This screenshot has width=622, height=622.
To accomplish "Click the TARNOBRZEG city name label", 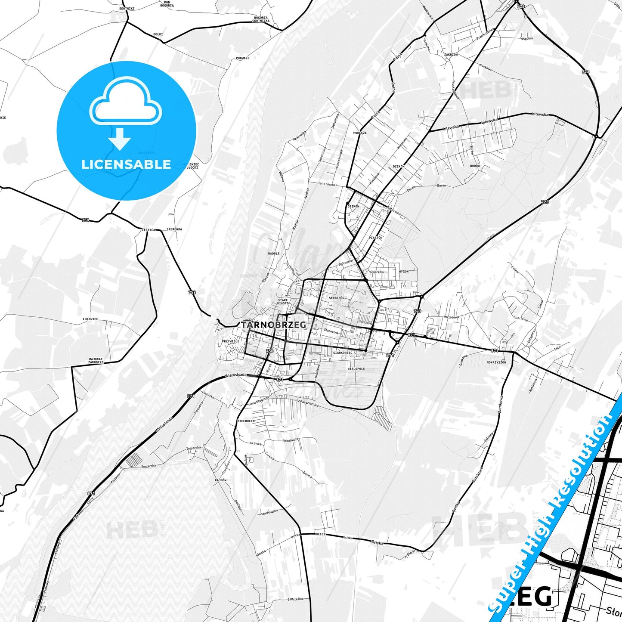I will (x=274, y=325).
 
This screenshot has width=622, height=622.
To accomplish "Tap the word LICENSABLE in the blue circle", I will (x=126, y=164).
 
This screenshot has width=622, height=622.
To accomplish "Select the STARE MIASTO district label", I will (x=283, y=301).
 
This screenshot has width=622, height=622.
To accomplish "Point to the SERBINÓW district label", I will (x=337, y=298).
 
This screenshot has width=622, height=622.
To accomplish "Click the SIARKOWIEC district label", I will (x=343, y=353).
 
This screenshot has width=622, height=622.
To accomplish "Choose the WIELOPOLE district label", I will (x=356, y=369).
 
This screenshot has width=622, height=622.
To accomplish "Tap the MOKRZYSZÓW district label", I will (x=496, y=362).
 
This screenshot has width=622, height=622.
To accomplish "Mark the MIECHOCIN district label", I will (x=246, y=421).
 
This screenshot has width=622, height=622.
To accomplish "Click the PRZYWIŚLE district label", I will (x=230, y=341).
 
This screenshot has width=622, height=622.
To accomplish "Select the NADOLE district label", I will (x=273, y=254).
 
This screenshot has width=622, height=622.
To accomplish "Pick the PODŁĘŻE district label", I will (x=360, y=133).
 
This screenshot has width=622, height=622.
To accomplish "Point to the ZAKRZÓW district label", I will (x=451, y=55).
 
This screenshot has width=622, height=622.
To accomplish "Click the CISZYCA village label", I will (x=148, y=230).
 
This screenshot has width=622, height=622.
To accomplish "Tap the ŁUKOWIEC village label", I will (x=90, y=319).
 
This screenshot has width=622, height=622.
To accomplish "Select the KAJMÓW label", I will (x=220, y=480).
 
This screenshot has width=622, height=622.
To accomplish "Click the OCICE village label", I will (x=320, y=534).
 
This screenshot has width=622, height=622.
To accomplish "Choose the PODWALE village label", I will (x=243, y=58).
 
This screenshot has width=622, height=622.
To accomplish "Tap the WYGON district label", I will (x=403, y=272).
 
